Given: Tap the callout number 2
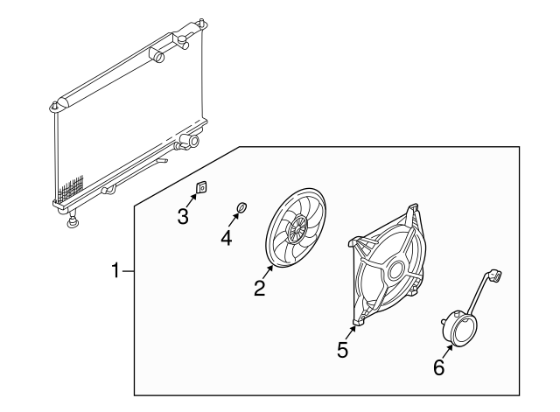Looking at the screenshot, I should point(259,288).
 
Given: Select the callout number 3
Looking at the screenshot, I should point(183,216).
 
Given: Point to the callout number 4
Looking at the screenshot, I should point(226,237).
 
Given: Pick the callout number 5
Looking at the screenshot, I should point(343,350).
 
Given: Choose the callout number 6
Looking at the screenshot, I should point(438,367).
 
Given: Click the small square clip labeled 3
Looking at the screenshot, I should point(200,186).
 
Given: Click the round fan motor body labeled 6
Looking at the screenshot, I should point(458,330).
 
